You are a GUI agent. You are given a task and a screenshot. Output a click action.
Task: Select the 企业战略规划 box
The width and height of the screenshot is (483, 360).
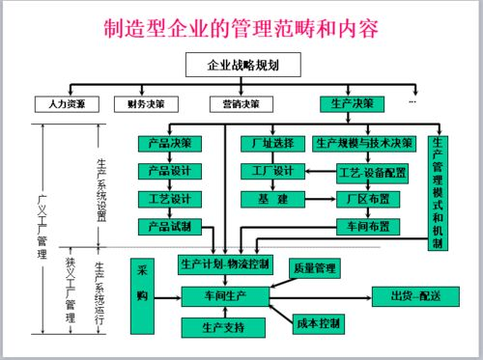tap(241, 66)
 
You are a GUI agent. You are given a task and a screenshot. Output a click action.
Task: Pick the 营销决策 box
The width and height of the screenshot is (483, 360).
tap(241, 102)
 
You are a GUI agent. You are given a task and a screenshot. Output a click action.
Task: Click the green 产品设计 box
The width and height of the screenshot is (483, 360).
tap(169, 171)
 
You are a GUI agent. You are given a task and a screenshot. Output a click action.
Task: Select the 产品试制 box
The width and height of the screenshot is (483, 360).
tap(169, 226)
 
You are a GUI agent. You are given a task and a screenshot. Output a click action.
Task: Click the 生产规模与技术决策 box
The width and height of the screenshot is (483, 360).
tap(364, 144)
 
